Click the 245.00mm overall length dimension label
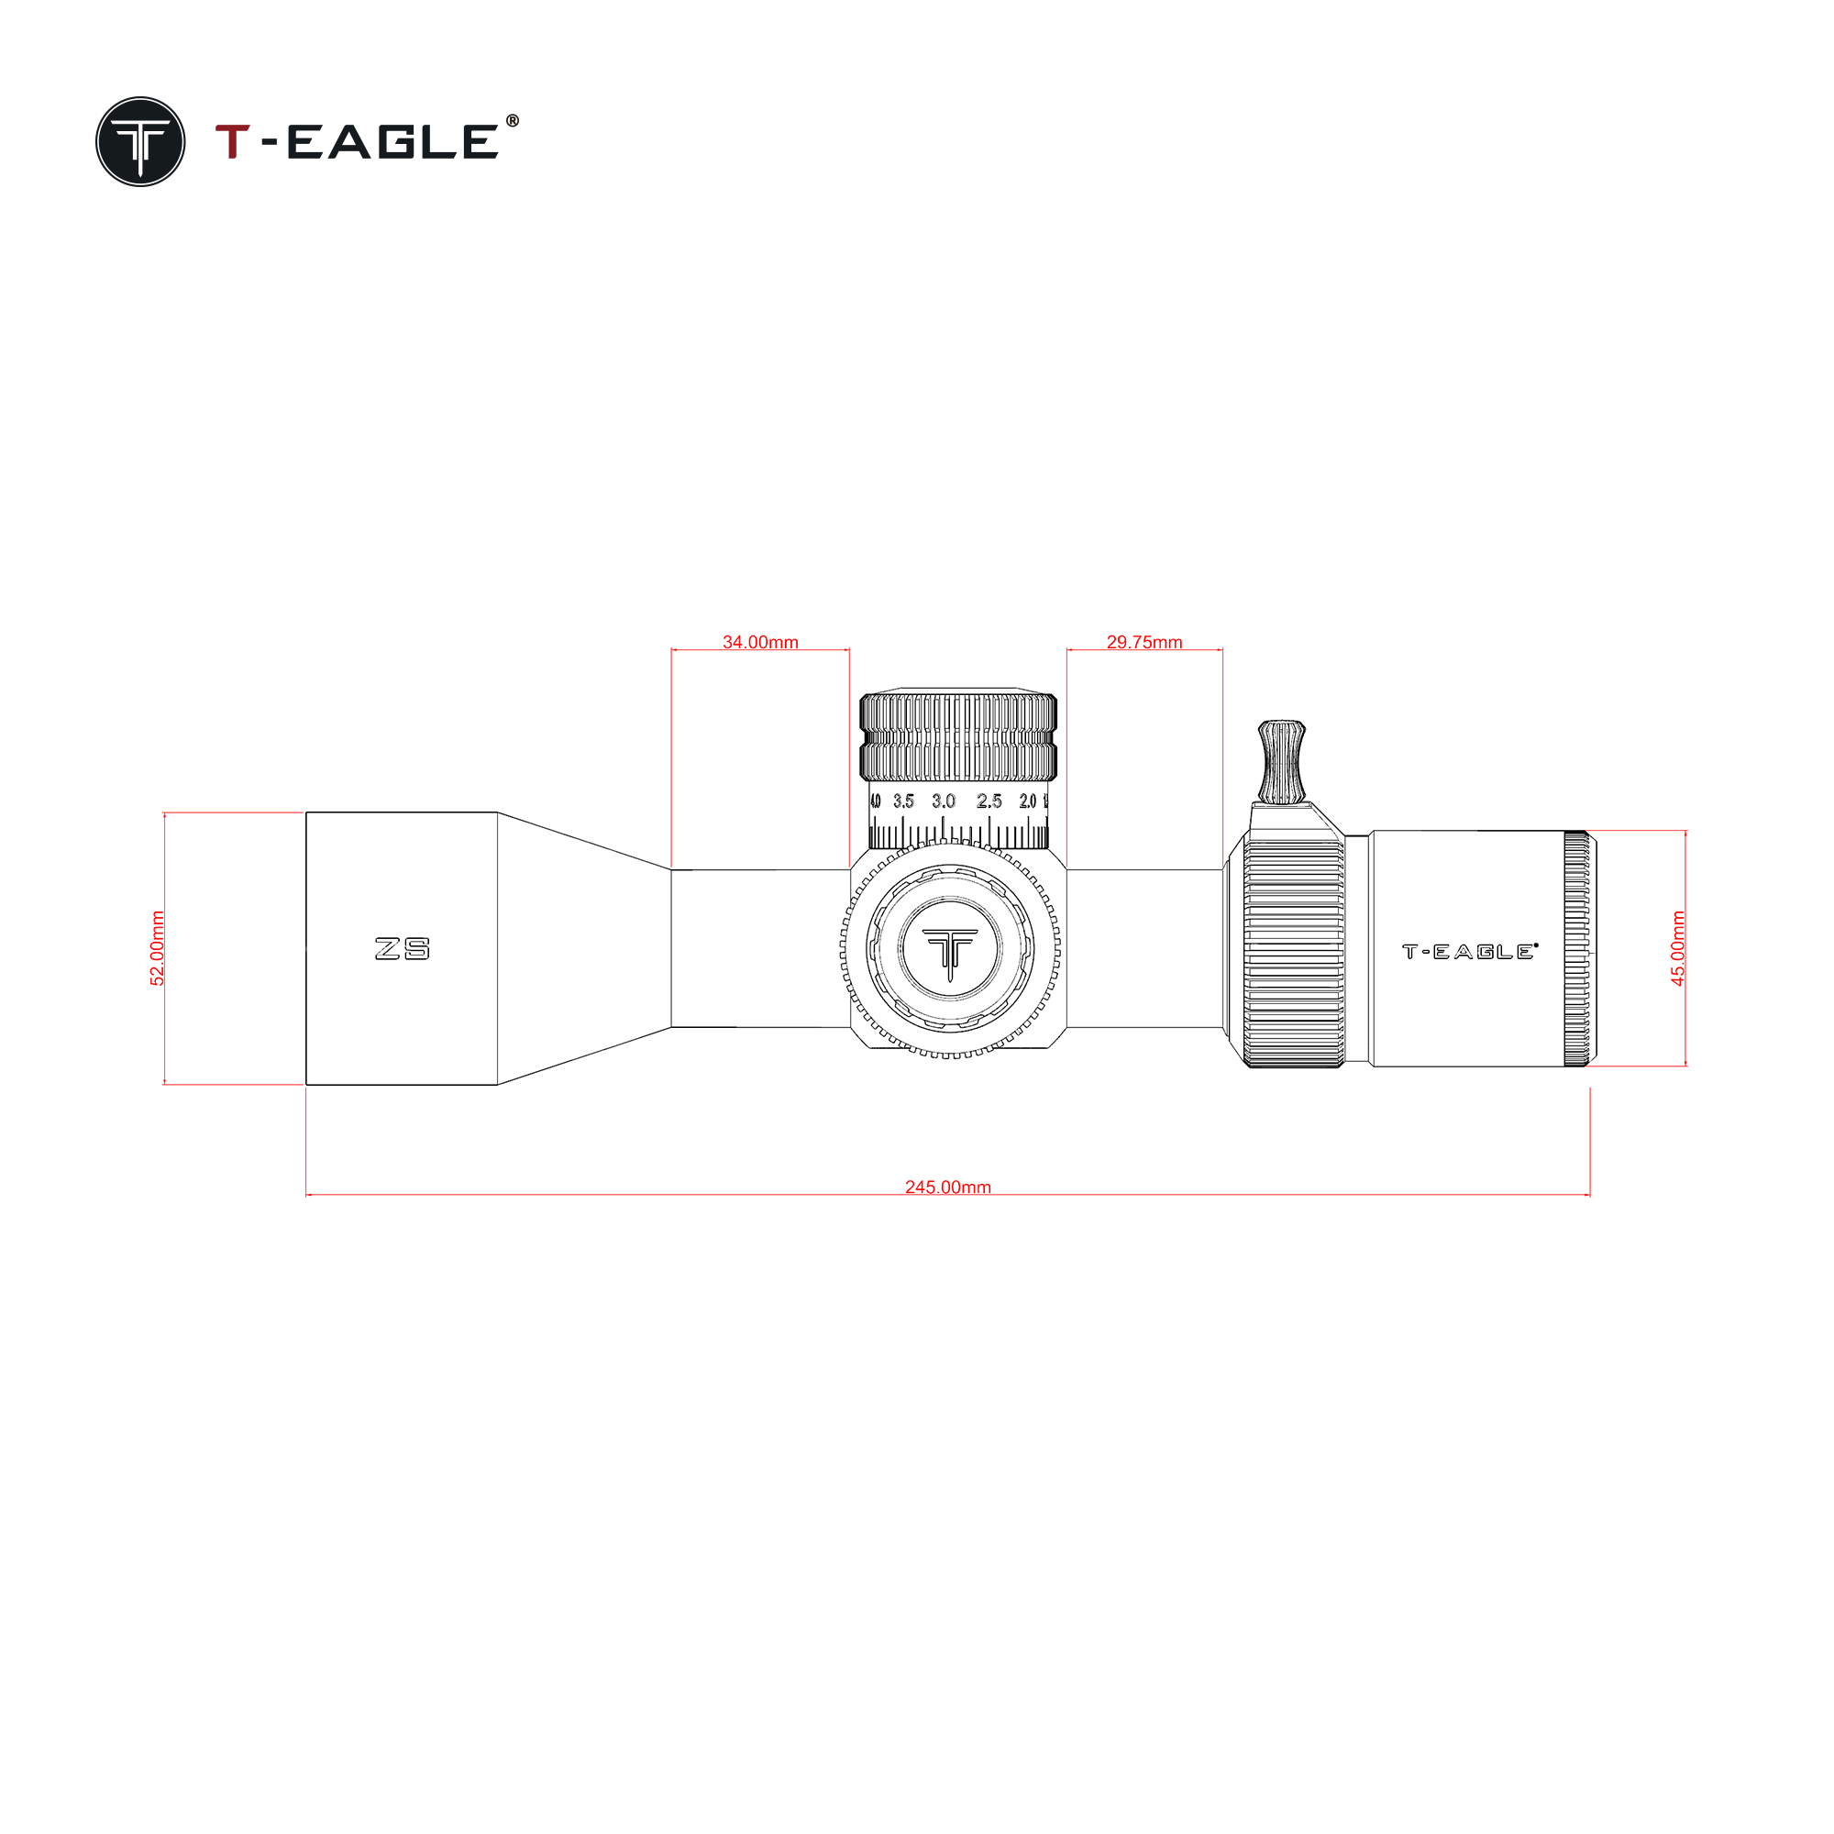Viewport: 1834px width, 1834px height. coord(947,1188)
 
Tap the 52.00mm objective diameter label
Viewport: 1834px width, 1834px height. coord(158,948)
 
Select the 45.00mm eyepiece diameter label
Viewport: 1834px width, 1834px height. coord(1678,948)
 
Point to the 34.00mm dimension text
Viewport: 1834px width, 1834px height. coord(760,643)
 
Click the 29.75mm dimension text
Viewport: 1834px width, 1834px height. coord(1144,643)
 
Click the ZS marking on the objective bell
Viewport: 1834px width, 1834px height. coord(403,948)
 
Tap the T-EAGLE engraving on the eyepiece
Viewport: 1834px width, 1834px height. coord(1469,951)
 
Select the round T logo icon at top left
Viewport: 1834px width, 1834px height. coord(140,141)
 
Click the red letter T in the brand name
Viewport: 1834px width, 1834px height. coord(233,141)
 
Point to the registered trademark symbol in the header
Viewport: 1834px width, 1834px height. coord(513,120)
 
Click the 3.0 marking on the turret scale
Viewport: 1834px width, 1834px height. coord(944,801)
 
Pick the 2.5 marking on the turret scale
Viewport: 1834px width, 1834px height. coord(989,801)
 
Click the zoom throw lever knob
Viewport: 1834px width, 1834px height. coord(1282,760)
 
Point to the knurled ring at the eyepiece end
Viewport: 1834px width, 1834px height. coord(1576,948)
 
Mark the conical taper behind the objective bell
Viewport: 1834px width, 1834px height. coord(584,948)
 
